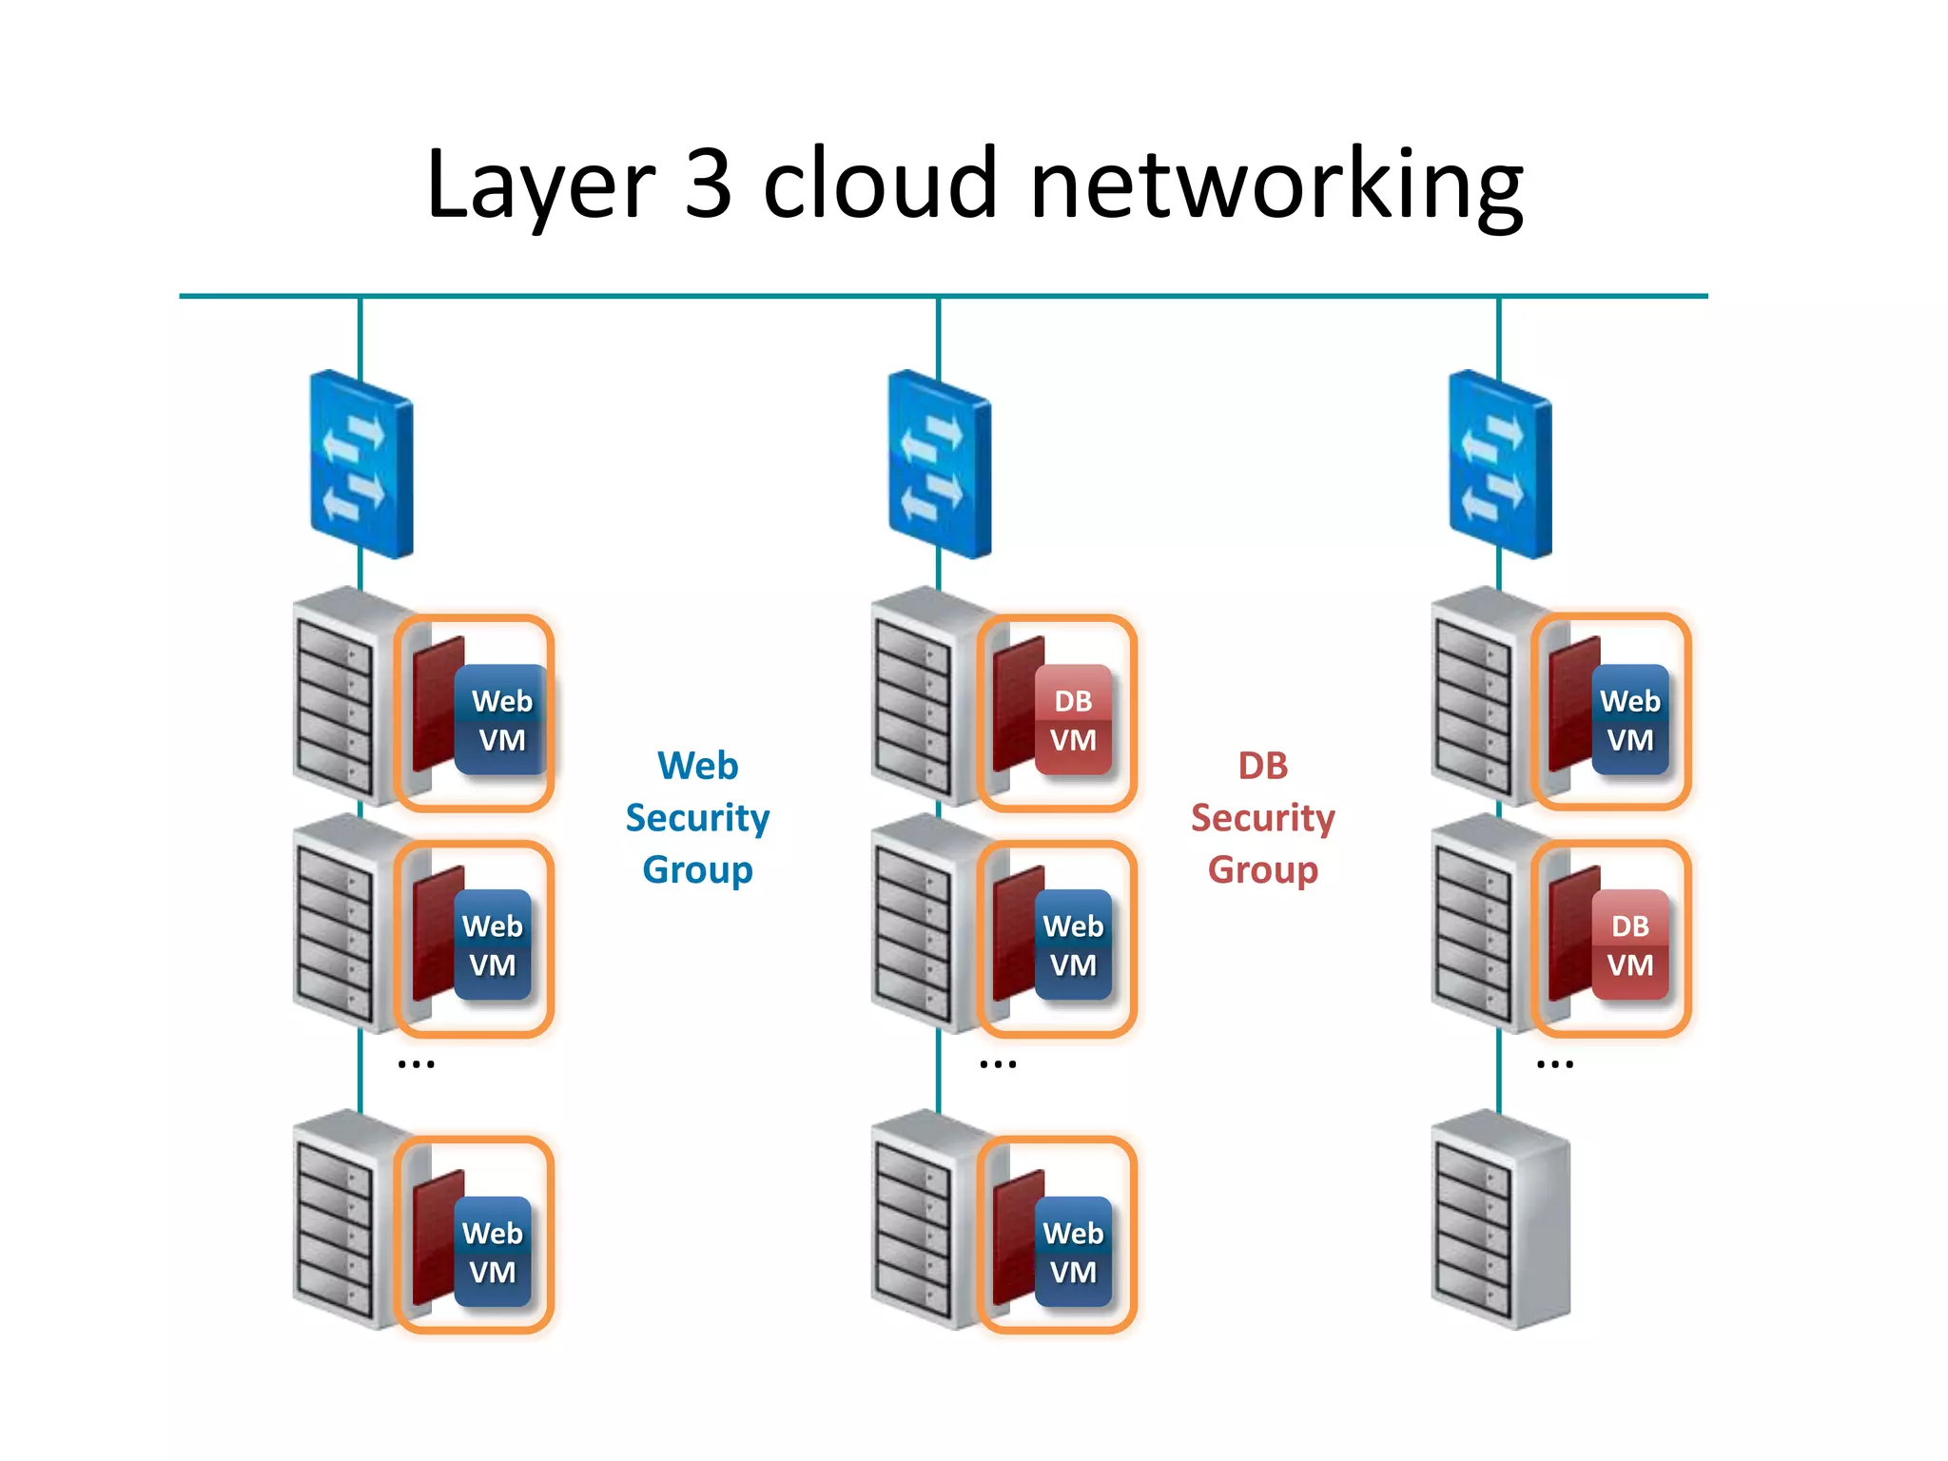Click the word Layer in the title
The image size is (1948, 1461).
coord(540,185)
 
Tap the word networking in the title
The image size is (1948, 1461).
coord(1276,185)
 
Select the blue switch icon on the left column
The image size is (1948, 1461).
coord(361,464)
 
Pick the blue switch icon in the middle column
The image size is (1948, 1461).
coord(940,464)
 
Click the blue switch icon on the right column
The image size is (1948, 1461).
coord(1500,464)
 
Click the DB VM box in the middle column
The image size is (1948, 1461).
coord(1073,719)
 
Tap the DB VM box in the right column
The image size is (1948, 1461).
coord(1629,945)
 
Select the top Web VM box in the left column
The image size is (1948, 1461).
coord(501,719)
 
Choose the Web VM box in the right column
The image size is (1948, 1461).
coord(1629,719)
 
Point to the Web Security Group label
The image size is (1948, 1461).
coord(697,817)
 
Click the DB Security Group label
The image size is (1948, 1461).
coord(1262,817)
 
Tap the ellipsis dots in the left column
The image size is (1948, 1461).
coord(416,1064)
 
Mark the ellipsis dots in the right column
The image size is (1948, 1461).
coord(1554,1064)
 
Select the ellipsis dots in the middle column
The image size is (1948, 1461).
coord(998,1064)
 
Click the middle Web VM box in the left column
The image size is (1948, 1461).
coord(492,945)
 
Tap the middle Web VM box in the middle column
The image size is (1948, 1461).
coord(1073,945)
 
